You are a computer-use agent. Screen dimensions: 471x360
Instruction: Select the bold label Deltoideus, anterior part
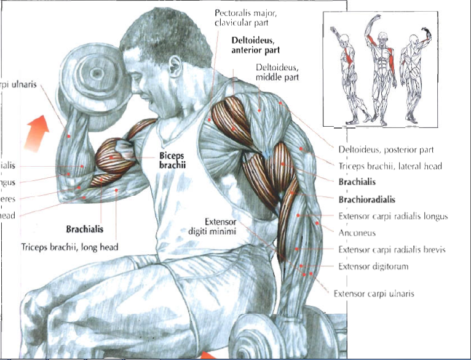(255, 45)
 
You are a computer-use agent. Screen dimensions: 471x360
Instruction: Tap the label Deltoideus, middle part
(277, 73)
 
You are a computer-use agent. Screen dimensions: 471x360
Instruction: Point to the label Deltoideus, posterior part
(386, 150)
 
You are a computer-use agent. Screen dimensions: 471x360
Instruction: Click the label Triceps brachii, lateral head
(390, 166)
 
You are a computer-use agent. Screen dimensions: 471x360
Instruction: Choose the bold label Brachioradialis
(366, 199)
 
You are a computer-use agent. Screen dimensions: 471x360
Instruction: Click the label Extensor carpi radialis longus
(393, 216)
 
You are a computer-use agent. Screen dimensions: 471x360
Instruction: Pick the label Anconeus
(357, 233)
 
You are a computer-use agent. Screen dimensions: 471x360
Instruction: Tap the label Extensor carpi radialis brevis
(392, 250)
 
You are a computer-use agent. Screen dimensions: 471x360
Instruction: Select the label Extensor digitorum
(373, 266)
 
